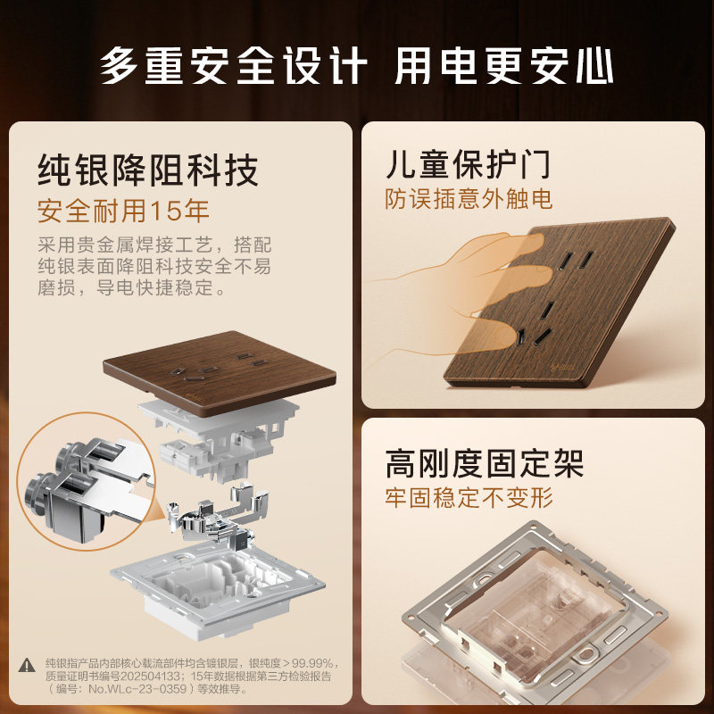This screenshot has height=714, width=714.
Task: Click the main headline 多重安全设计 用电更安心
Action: (x=356, y=66)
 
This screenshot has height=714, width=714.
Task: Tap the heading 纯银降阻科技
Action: (x=148, y=170)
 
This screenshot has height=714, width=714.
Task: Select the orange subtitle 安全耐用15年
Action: (x=123, y=211)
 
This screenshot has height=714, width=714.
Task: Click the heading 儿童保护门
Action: (x=468, y=164)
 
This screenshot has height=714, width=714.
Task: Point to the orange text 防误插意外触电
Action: (x=469, y=199)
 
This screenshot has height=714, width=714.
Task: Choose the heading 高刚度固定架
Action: (x=485, y=463)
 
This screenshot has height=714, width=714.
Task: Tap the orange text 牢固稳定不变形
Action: (x=469, y=498)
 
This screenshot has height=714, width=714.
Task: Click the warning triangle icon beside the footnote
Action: (x=27, y=665)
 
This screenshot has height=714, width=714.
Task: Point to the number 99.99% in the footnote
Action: (x=311, y=662)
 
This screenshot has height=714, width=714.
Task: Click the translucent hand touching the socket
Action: (x=460, y=292)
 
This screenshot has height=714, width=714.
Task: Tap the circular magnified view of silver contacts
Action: (x=87, y=481)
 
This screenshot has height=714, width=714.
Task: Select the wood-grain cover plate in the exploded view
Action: (x=220, y=371)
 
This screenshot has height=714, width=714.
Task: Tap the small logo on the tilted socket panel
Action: (x=563, y=365)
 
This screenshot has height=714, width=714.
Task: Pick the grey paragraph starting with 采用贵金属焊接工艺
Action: (x=154, y=266)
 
